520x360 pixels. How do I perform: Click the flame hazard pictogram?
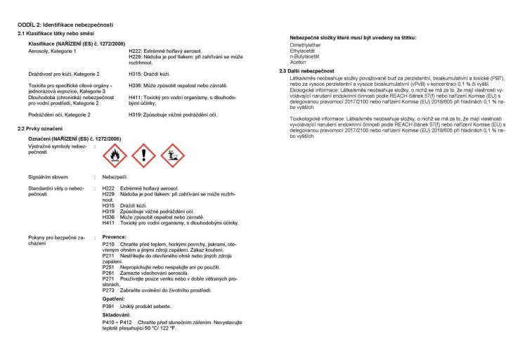pos(114,155)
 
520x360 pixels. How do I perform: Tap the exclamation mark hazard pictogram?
pos(143,155)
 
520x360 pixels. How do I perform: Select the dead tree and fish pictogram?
pos(173,155)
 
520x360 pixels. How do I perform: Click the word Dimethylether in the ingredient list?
pos(305,44)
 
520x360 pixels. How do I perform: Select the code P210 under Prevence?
pos(108,243)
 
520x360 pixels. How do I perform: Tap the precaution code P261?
pos(108,272)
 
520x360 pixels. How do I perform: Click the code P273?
pos(108,290)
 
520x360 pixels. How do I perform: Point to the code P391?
pos(108,307)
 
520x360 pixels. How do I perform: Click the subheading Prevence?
pos(115,238)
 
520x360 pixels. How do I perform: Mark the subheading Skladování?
pos(117,315)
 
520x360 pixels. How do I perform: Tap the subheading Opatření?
pos(114,299)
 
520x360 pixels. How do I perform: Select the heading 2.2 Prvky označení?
pos(40,129)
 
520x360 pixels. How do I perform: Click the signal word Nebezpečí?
pos(115,176)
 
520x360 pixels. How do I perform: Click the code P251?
pos(108,266)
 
